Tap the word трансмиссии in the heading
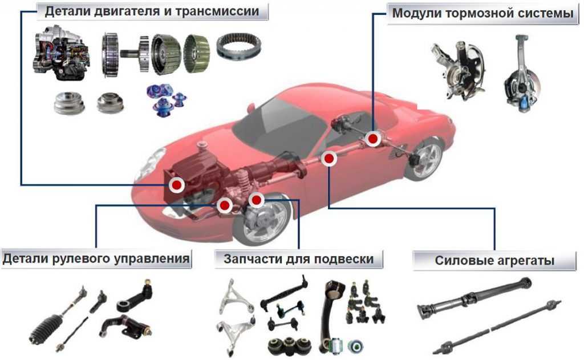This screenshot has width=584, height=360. [x=217, y=11]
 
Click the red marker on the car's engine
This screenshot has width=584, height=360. [x=177, y=185]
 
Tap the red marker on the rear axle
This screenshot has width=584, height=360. [x=372, y=139]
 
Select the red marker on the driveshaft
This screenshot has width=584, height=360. [x=328, y=159]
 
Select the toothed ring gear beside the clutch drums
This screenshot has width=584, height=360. [x=239, y=47]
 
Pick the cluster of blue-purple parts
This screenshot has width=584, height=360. [x=166, y=98]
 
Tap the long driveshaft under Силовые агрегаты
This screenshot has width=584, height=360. [x=474, y=300]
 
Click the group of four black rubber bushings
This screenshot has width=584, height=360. [x=289, y=346]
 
